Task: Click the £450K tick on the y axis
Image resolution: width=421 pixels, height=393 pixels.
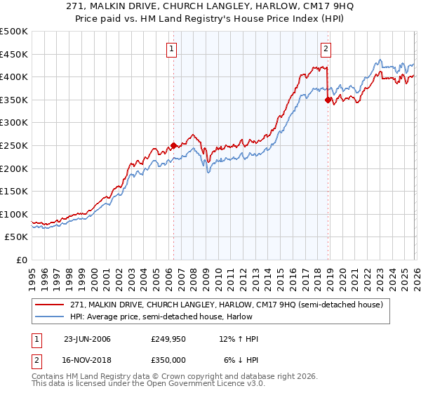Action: (x=14, y=54)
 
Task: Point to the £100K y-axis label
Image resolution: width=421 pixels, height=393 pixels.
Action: (x=14, y=214)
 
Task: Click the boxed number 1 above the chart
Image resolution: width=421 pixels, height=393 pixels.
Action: (x=173, y=48)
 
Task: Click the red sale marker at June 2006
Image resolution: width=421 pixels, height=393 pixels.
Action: (x=173, y=146)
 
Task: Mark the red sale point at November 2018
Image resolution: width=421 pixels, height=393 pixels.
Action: (x=328, y=100)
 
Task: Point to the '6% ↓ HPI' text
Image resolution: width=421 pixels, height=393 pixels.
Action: (x=241, y=359)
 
